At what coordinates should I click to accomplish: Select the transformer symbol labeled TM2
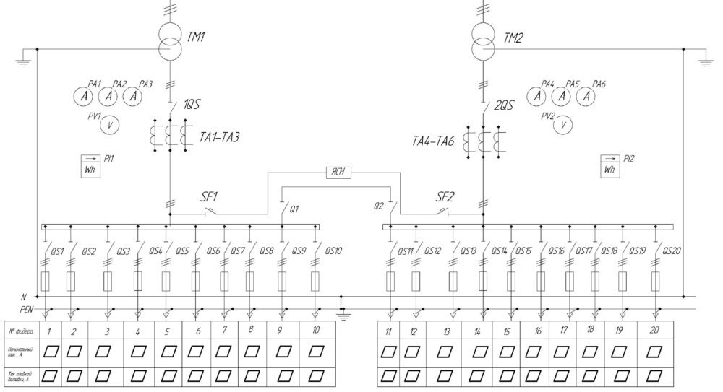pos(484,43)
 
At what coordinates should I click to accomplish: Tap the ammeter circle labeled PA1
pos(85,96)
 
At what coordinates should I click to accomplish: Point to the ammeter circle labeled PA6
pos(588,95)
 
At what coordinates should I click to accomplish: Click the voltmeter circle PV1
pos(109,124)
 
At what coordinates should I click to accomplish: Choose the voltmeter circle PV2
pos(562,126)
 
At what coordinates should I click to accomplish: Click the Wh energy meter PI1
pos(94,165)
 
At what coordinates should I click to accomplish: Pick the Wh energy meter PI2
pos(611,165)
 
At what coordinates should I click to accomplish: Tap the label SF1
pos(210,196)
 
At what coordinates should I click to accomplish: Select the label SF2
pos(447,196)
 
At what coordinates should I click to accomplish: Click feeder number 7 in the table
pos(224,330)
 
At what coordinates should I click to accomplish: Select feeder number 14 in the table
pos(478,331)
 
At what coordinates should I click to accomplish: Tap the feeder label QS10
pos(333,251)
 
